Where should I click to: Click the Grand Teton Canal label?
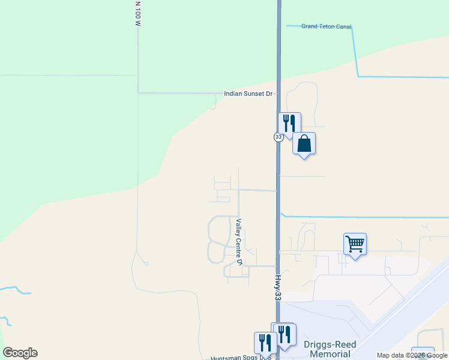(x=326, y=26)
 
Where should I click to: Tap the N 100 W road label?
(x=137, y=13)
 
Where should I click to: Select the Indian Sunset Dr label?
(x=248, y=94)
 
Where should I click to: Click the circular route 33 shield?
(x=279, y=137)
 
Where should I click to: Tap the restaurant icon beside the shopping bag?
(x=289, y=123)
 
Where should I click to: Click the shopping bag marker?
(x=304, y=143)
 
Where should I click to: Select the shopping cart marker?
(x=355, y=244)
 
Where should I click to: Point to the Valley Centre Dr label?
(x=239, y=242)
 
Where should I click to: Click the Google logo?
(x=20, y=353)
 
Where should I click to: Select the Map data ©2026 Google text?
(x=412, y=356)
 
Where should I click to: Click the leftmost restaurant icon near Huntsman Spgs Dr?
(x=264, y=343)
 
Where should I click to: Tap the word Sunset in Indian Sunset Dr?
(x=252, y=94)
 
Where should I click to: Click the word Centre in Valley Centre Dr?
(x=239, y=245)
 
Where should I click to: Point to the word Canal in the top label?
(x=343, y=26)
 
